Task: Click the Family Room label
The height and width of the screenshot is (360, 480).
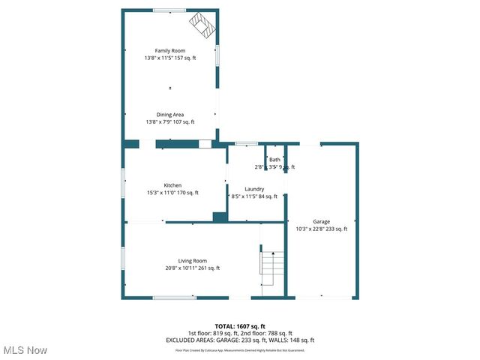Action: pyautogui.click(x=170, y=50)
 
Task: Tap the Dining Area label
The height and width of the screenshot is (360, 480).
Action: pyautogui.click(x=170, y=115)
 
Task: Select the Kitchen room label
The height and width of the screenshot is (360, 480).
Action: pyautogui.click(x=173, y=185)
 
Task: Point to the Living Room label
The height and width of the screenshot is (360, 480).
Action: pyautogui.click(x=192, y=260)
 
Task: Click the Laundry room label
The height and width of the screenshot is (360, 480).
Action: pyautogui.click(x=254, y=189)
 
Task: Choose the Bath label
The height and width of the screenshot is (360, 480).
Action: pyautogui.click(x=274, y=160)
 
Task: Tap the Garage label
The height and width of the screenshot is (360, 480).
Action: pyautogui.click(x=322, y=222)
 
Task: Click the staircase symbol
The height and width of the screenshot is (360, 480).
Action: pyautogui.click(x=271, y=268)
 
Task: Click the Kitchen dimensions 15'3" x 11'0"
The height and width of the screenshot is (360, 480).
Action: pyautogui.click(x=161, y=193)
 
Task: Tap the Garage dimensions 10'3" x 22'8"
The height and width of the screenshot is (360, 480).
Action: pyautogui.click(x=310, y=229)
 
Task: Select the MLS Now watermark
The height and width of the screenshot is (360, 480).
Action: pyautogui.click(x=25, y=350)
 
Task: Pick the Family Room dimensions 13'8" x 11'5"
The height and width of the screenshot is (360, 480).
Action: pyautogui.click(x=158, y=58)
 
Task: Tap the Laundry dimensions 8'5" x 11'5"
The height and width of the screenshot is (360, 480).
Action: pyautogui.click(x=243, y=196)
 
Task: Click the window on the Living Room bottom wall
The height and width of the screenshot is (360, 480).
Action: pyautogui.click(x=175, y=298)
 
